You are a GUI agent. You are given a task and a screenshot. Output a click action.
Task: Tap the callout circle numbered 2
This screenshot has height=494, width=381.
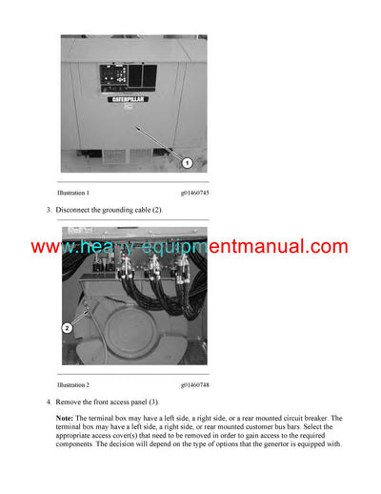tap(68, 327)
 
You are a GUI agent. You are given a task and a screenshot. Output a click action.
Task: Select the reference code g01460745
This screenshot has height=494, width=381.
tap(194, 194)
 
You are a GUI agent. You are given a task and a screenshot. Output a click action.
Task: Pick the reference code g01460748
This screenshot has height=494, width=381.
tap(194, 384)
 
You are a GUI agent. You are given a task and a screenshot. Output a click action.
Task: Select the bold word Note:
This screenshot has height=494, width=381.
tap(65, 419)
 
